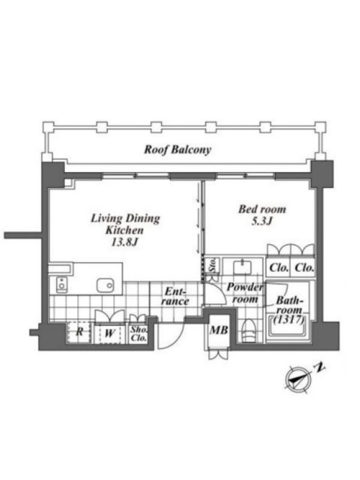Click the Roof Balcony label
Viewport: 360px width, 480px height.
(178, 149)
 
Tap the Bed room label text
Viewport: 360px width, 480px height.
(262, 209)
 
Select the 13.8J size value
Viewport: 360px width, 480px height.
(125, 242)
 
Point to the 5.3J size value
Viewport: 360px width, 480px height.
(262, 221)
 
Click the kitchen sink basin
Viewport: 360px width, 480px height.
(106, 286)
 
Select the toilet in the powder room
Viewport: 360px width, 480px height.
(248, 331)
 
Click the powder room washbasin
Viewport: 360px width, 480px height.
(243, 267)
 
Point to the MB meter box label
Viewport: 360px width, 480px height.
(218, 330)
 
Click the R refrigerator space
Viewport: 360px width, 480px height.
(79, 332)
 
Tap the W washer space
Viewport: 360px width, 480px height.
(109, 334)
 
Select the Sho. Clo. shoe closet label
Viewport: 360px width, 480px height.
(139, 334)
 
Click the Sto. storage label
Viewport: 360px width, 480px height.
(212, 265)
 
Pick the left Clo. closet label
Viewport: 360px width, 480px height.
(279, 268)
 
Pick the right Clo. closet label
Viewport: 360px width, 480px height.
(304, 268)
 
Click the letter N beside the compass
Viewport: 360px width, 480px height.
(320, 367)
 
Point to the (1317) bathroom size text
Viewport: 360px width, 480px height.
(289, 320)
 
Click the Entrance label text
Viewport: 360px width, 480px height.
(175, 296)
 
